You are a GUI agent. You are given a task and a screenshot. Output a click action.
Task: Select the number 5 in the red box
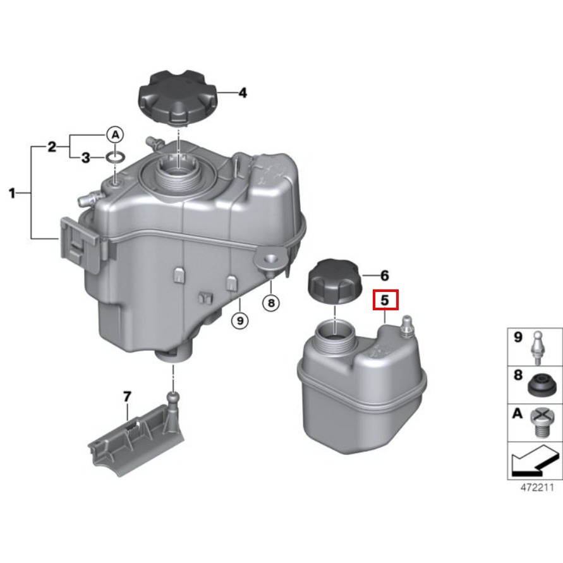click(385, 300)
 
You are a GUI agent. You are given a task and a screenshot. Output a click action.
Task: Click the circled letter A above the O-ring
click(115, 135)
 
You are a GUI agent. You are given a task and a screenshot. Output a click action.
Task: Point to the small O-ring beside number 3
click(115, 157)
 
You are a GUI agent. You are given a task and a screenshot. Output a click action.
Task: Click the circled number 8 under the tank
click(271, 303)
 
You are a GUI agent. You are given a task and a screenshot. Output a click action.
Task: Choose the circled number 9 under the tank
click(240, 320)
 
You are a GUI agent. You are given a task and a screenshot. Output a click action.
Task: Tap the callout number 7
click(127, 397)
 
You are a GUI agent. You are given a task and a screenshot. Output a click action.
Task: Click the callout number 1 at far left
click(12, 193)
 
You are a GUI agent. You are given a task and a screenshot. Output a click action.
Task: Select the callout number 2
click(52, 147)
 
